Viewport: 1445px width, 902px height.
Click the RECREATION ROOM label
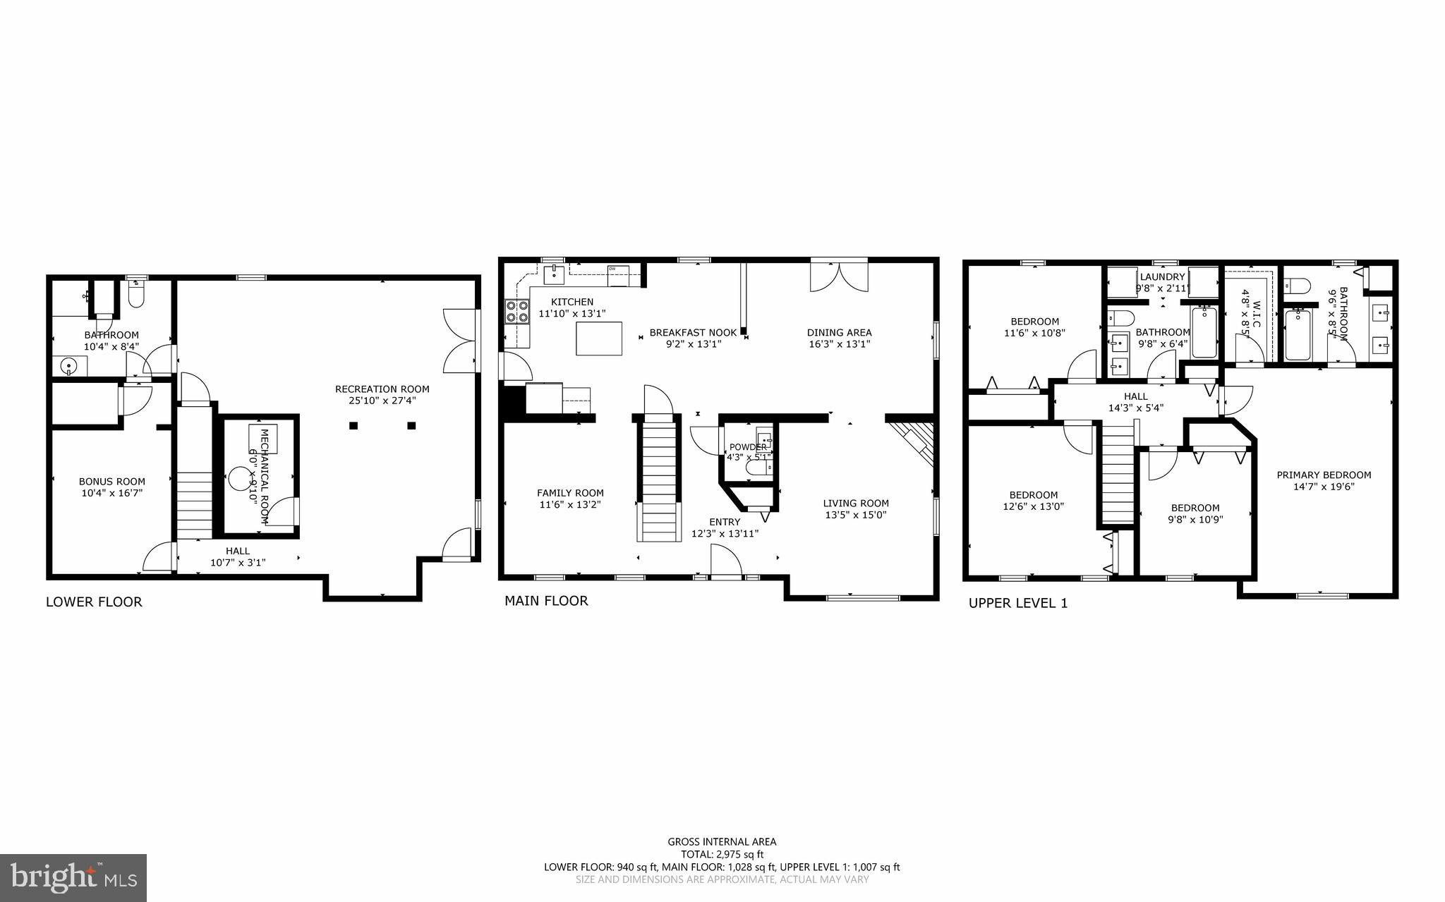click(x=382, y=389)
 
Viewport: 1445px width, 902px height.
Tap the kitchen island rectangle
click(x=599, y=339)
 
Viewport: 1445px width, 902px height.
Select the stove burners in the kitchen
click(x=517, y=311)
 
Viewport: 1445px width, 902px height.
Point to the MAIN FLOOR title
click(x=545, y=601)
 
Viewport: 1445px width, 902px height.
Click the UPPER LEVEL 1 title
click(x=1017, y=604)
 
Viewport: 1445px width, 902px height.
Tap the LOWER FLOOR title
click(x=94, y=602)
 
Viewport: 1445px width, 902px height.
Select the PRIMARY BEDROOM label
click(x=1324, y=475)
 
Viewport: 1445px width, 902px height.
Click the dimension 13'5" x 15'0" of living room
click(x=856, y=515)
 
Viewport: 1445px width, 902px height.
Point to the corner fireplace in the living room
click(x=916, y=441)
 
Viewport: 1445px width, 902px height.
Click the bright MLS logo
click(x=73, y=877)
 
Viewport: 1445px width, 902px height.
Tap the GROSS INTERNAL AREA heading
click(x=722, y=841)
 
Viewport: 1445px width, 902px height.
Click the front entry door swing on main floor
click(x=725, y=563)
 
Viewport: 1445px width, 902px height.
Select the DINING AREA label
click(x=839, y=333)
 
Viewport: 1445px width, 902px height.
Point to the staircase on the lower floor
click(x=194, y=504)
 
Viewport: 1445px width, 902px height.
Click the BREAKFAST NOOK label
click(x=693, y=333)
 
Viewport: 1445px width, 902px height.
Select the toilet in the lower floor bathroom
click(x=136, y=296)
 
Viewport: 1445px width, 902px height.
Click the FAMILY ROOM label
click(x=570, y=494)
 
